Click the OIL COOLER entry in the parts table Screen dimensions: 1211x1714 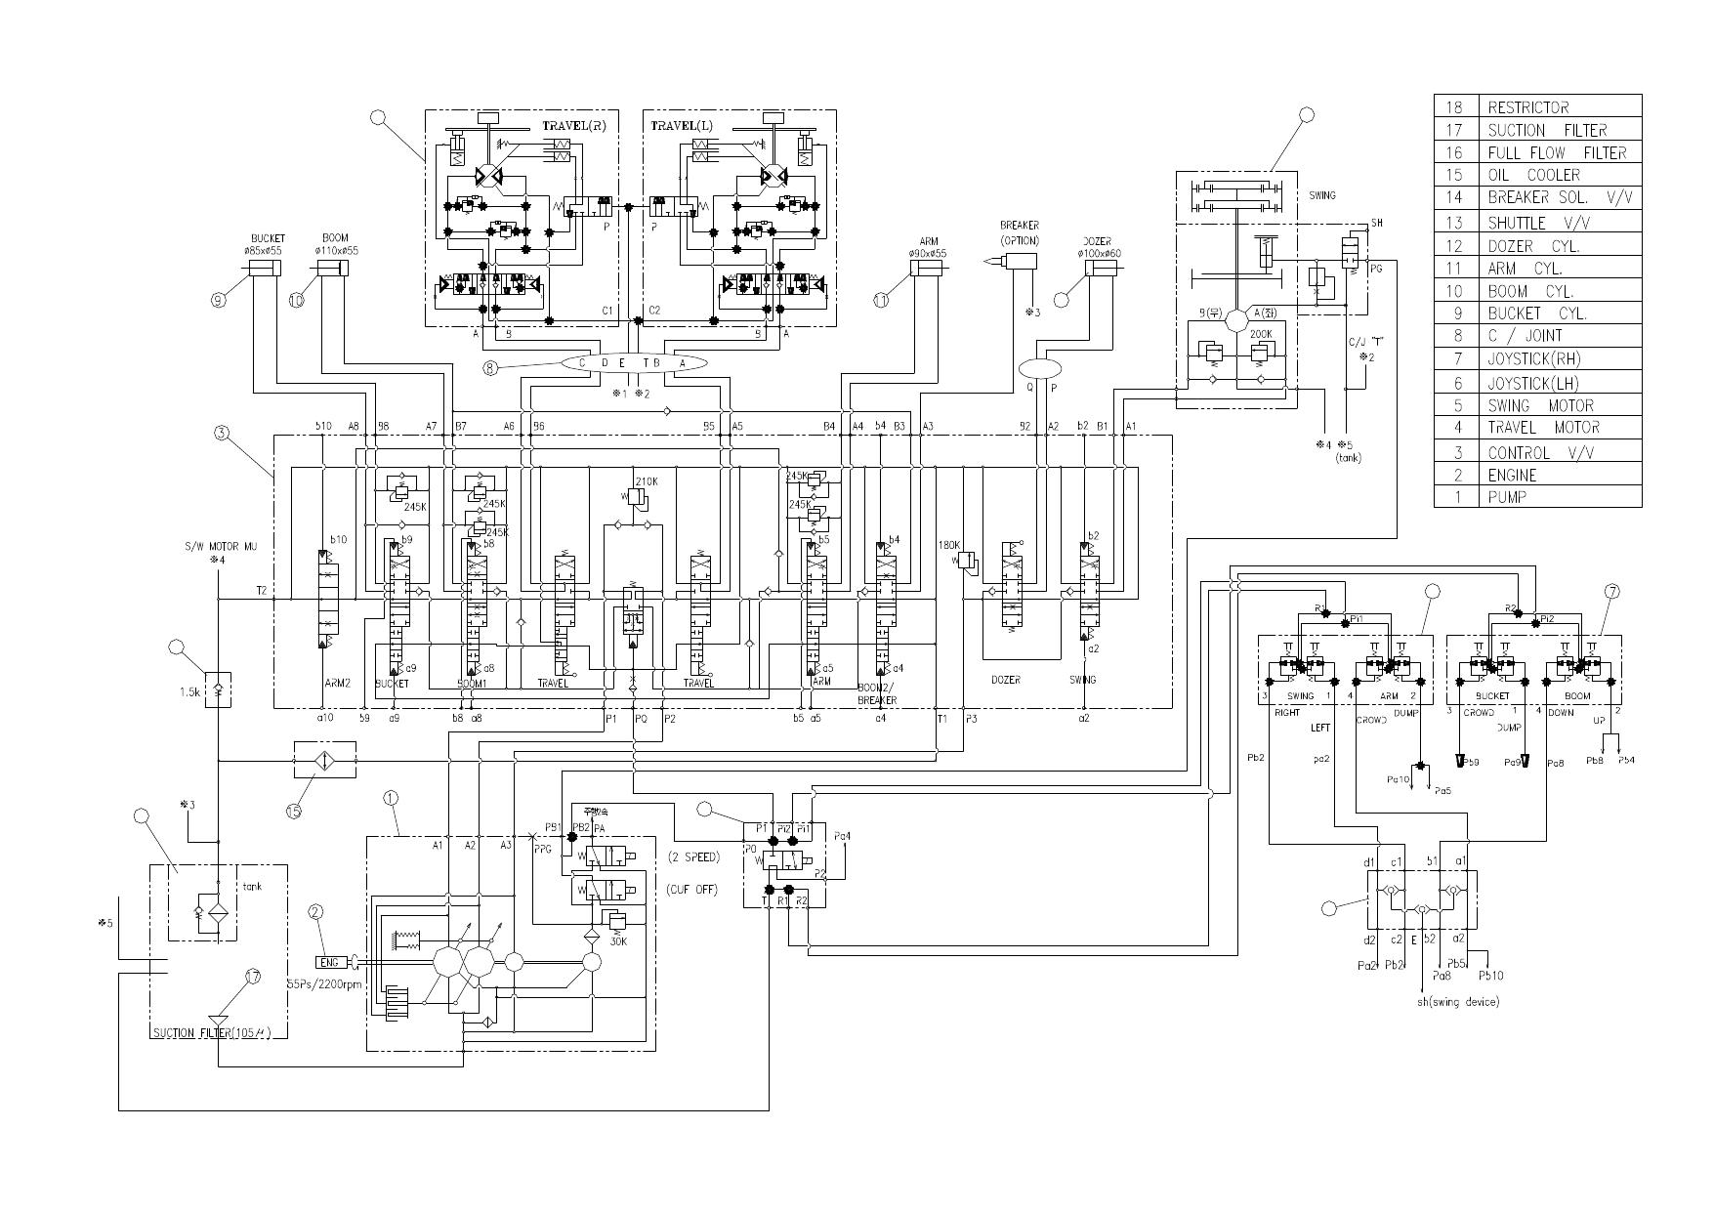coord(1533,175)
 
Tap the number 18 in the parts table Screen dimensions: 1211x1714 coord(1453,107)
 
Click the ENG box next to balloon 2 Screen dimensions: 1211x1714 coord(329,963)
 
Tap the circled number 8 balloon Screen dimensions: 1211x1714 coord(490,368)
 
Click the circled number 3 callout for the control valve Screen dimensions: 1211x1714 coord(223,434)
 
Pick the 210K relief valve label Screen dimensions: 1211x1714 coord(647,481)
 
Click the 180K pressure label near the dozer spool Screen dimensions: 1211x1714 coord(949,545)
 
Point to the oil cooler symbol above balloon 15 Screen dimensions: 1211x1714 coord(324,760)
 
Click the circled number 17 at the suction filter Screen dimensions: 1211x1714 coord(253,977)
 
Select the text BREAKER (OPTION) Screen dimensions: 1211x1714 coord(1019,232)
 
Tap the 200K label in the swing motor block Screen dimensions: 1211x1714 coord(1261,334)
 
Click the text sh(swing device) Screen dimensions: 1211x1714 coord(1457,1002)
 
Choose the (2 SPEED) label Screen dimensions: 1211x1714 coord(693,857)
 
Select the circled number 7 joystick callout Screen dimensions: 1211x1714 coord(1611,591)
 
